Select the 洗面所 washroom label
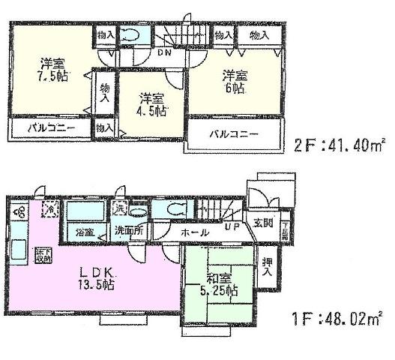(129, 231)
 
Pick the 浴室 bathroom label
(82, 232)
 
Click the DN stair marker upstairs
(163, 53)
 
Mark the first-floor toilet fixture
(169, 209)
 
